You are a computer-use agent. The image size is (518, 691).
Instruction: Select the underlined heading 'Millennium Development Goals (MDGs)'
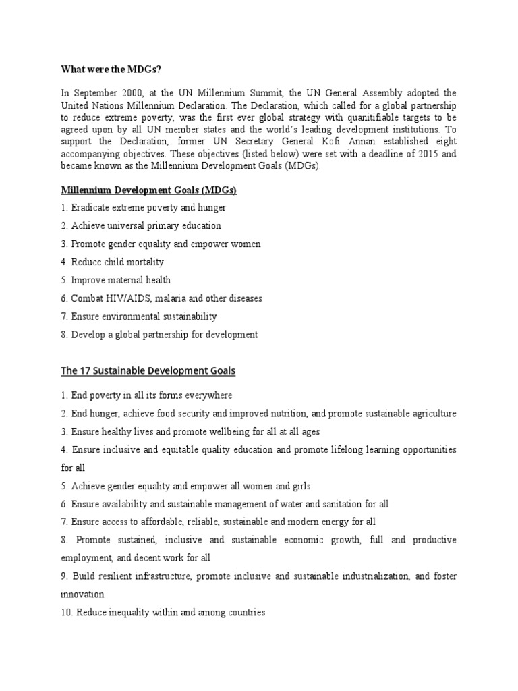(x=149, y=190)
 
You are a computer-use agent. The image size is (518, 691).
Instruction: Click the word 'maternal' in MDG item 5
(x=129, y=280)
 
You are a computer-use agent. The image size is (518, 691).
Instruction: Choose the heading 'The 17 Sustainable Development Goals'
(x=148, y=371)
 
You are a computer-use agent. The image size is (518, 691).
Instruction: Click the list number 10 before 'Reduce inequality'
(x=66, y=613)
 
